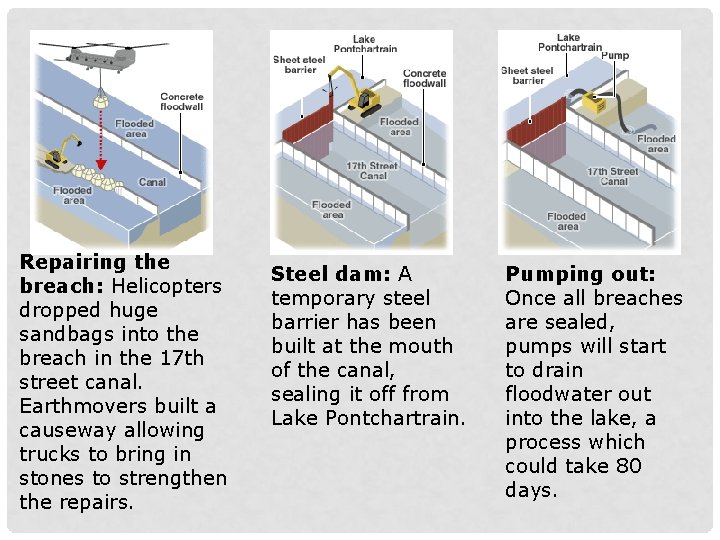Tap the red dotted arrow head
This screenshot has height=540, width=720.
point(100,166)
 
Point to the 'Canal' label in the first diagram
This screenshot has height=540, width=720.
point(152,182)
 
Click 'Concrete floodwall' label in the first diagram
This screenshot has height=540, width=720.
point(181,102)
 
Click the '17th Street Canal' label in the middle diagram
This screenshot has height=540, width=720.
point(371,170)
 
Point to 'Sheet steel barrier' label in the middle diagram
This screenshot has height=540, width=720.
point(300,65)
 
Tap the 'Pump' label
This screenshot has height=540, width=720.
point(616,56)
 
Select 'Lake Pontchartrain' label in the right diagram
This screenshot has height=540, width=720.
point(569,42)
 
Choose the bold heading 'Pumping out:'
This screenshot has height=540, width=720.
point(580,274)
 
